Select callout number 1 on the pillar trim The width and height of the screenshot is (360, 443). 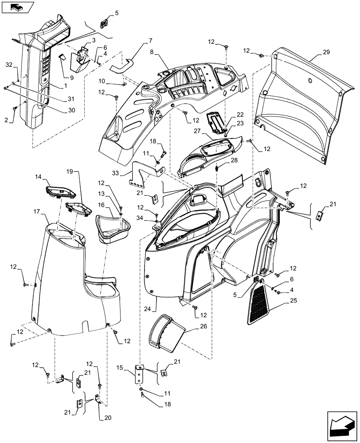click(x=54, y=84)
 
